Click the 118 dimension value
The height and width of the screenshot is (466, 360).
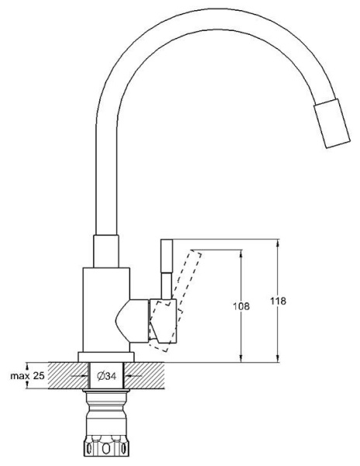[x=278, y=301]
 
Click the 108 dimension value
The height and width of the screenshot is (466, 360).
[x=241, y=306]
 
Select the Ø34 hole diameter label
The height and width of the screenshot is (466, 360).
[x=106, y=376]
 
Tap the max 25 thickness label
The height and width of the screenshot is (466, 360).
[x=27, y=376]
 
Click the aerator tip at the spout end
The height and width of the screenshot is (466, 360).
[x=332, y=123]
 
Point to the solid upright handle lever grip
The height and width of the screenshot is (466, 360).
[x=167, y=256]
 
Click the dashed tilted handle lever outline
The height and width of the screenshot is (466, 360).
[x=175, y=300]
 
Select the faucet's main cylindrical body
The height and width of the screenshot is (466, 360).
[x=106, y=310]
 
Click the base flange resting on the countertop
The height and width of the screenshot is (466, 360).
[x=106, y=357]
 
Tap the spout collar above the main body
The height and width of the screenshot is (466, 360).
[x=106, y=251]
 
